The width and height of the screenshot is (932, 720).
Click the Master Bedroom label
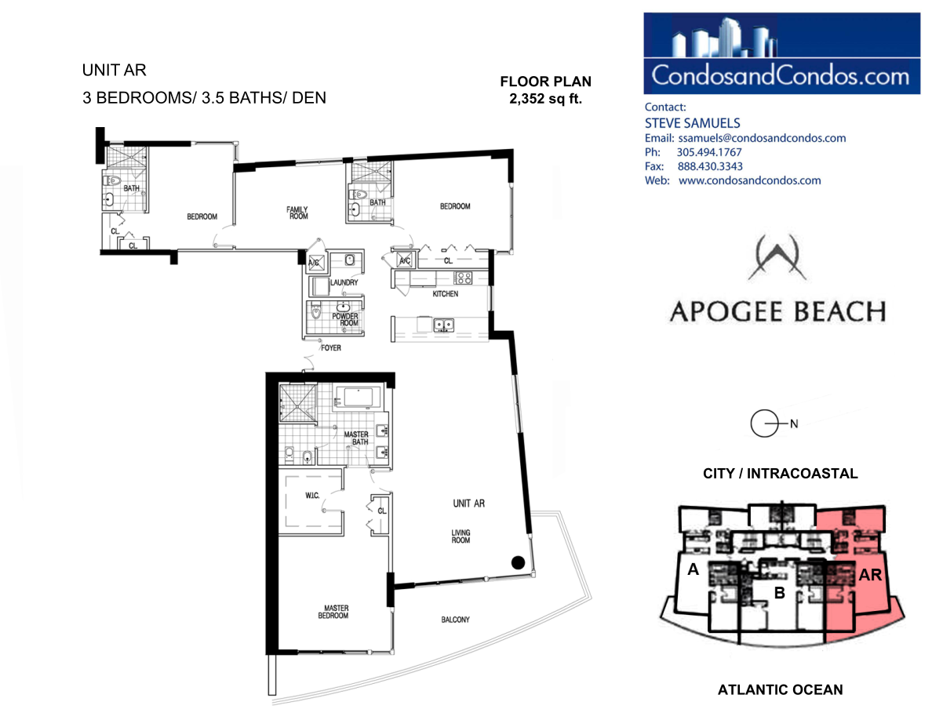[333, 612]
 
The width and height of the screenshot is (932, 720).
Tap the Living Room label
[461, 536]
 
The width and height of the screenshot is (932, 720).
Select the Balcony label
[455, 620]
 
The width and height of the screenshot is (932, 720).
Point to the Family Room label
[297, 213]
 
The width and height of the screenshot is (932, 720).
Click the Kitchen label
[445, 294]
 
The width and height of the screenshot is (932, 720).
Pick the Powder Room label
[345, 319]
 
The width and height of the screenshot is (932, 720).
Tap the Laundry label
[344, 283]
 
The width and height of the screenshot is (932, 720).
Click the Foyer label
[331, 348]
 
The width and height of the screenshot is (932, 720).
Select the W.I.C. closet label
[313, 496]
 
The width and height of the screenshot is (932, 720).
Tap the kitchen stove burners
[463, 278]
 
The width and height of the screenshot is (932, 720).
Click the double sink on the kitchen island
[443, 325]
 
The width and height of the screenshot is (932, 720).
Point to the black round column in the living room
[519, 562]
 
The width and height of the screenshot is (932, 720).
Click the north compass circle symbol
[764, 424]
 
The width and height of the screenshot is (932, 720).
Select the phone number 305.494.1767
[709, 153]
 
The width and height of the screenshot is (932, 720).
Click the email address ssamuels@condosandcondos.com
[762, 138]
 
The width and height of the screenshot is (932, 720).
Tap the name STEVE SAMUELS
[693, 124]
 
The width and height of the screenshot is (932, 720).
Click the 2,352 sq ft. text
[546, 99]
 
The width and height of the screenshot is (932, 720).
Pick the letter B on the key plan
[779, 593]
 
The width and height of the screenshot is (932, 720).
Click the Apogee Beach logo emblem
[777, 257]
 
